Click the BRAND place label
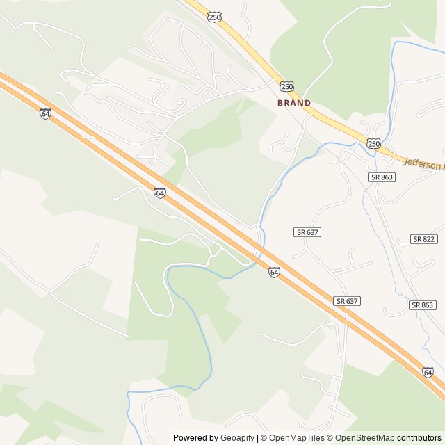(x=294, y=103)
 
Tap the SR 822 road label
(x=423, y=239)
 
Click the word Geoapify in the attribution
(x=238, y=438)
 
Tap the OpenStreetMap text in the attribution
(x=362, y=438)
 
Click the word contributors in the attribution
(x=419, y=438)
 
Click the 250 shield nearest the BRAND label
(x=287, y=86)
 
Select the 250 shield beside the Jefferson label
(x=374, y=143)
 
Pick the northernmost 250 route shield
(x=215, y=17)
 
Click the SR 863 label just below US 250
(x=382, y=177)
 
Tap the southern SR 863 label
(x=422, y=305)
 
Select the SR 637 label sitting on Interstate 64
(x=346, y=301)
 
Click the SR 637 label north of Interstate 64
(x=307, y=232)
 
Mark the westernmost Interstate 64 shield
(x=46, y=113)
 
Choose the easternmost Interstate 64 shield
(x=428, y=373)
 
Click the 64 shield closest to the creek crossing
(x=275, y=273)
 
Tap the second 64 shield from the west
(x=160, y=193)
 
